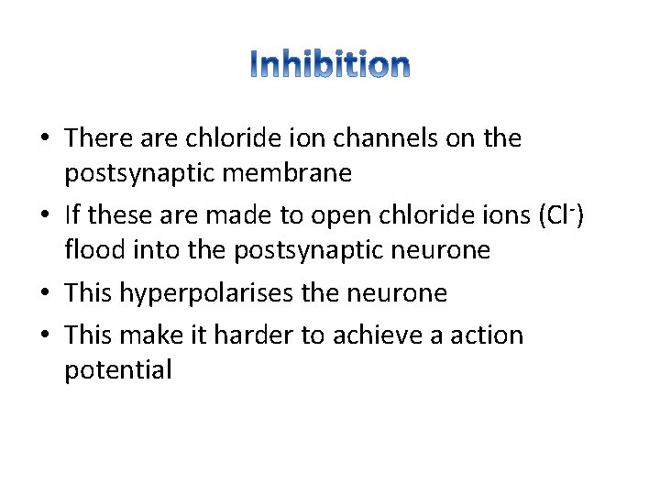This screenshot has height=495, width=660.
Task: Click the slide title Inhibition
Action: [330, 64]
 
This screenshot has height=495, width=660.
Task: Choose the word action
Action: [485, 335]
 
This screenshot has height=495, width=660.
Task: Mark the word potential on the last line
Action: [118, 370]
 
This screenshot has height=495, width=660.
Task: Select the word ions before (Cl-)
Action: [502, 214]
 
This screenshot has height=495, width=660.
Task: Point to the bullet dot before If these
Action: [45, 216]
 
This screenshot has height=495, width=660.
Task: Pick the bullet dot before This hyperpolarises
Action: [45, 294]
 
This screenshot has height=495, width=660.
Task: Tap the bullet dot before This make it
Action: [45, 336]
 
